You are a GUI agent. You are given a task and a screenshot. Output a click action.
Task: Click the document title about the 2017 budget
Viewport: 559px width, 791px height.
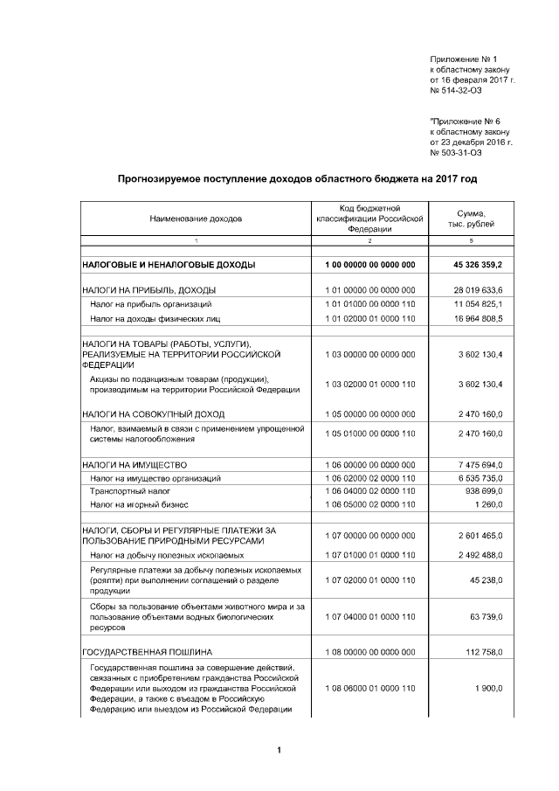point(298,178)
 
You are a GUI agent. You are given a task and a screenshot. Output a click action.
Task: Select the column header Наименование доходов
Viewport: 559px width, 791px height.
point(196,218)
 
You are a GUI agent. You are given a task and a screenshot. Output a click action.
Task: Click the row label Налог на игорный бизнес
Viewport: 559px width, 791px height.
point(139,505)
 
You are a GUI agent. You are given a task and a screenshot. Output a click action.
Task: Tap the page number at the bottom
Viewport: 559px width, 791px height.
point(279,750)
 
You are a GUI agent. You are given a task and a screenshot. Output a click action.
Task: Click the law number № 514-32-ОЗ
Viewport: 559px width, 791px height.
point(455,90)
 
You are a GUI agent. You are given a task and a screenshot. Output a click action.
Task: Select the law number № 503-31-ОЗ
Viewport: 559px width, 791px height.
point(455,152)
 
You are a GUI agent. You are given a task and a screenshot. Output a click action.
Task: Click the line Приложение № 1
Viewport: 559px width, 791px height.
point(462,57)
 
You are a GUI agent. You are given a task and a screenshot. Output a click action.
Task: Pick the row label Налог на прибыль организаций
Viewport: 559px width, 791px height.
point(150,304)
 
